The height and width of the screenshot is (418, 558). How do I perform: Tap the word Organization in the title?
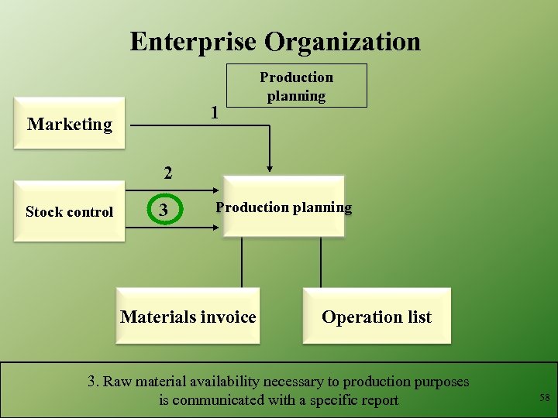tap(342, 41)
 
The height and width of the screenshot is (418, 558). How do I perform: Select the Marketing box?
tap(70, 124)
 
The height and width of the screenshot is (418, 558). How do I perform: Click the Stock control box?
tap(69, 211)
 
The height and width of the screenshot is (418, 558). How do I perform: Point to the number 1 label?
tap(214, 113)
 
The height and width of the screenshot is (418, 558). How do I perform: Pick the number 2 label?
tap(165, 172)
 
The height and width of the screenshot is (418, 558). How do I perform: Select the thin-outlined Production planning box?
tap(296, 86)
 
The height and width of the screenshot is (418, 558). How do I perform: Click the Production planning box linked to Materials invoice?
tap(284, 207)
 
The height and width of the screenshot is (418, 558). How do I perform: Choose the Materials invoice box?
tap(188, 317)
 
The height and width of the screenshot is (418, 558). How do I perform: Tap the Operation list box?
tap(377, 317)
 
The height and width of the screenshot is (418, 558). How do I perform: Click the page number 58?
tap(544, 398)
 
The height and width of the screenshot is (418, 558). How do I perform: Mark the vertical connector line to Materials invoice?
tap(242, 262)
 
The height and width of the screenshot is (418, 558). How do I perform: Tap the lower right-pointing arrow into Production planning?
tap(201, 228)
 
